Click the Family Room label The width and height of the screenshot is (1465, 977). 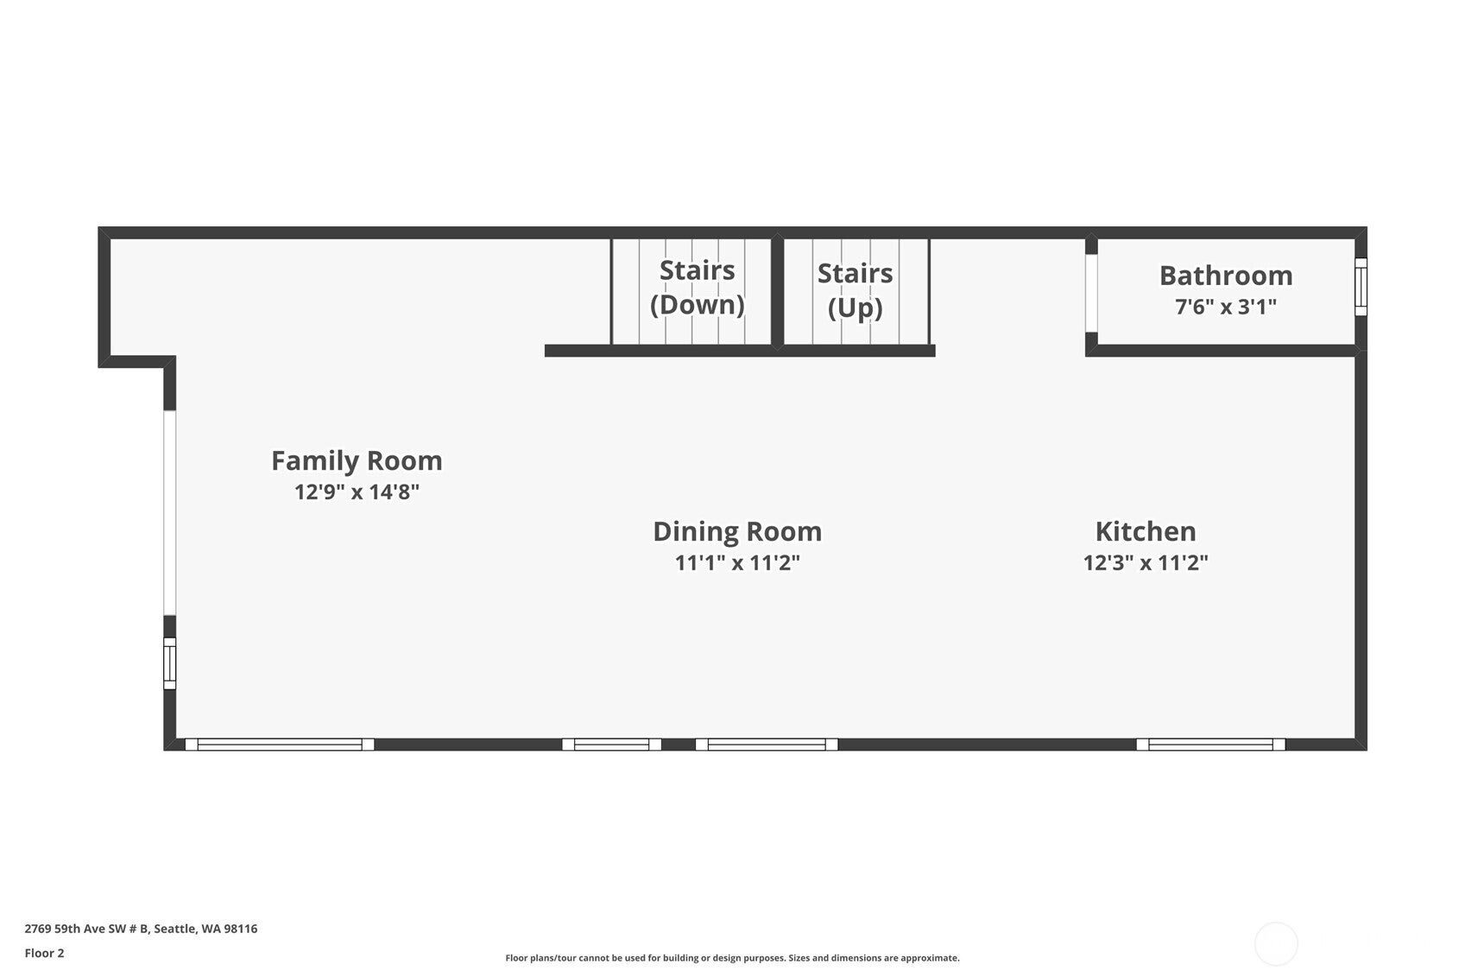click(357, 460)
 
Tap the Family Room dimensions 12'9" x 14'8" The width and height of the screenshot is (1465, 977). click(357, 492)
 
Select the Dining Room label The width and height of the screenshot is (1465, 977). click(737, 531)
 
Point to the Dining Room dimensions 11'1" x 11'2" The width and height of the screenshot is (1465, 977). click(737, 563)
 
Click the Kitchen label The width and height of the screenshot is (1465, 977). click(1146, 531)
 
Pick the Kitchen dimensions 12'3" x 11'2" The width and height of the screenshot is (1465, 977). click(1146, 563)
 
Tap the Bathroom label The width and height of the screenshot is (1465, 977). click(1226, 276)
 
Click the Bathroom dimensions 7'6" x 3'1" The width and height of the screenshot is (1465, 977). click(1226, 307)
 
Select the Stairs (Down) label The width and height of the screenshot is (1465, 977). click(698, 287)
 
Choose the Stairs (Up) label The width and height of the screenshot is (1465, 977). click(855, 289)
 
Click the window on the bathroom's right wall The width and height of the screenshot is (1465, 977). click(1361, 287)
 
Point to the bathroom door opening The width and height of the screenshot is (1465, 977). click(1091, 293)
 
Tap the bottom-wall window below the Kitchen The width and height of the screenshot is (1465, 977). click(1210, 745)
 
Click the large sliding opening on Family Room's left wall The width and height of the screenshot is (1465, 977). click(170, 512)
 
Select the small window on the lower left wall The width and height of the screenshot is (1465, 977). click(170, 663)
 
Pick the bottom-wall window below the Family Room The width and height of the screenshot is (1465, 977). click(280, 745)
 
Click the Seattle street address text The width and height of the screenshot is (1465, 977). click(141, 929)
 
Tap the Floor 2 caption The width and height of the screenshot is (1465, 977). click(44, 953)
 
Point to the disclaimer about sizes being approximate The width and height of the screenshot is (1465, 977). click(732, 958)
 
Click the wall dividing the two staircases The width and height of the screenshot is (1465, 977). click(777, 291)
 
